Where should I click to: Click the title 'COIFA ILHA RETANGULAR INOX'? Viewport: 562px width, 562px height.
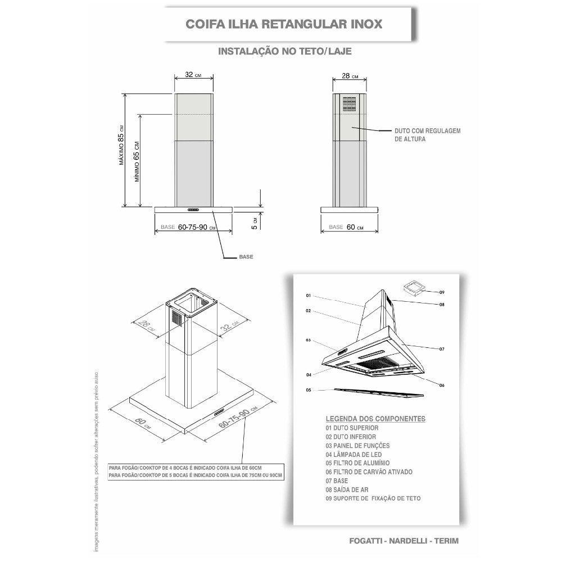coord(284,25)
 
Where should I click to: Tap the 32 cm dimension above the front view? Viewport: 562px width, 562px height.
coord(193,74)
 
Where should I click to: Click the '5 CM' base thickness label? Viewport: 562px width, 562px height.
coord(254,224)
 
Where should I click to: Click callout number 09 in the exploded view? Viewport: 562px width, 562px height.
coord(442,292)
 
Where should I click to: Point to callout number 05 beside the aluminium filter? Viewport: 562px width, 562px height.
coord(309,389)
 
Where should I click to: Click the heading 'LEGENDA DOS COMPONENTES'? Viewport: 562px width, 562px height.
coord(375,419)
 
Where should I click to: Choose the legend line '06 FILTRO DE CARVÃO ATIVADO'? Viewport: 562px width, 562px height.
coord(369,472)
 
